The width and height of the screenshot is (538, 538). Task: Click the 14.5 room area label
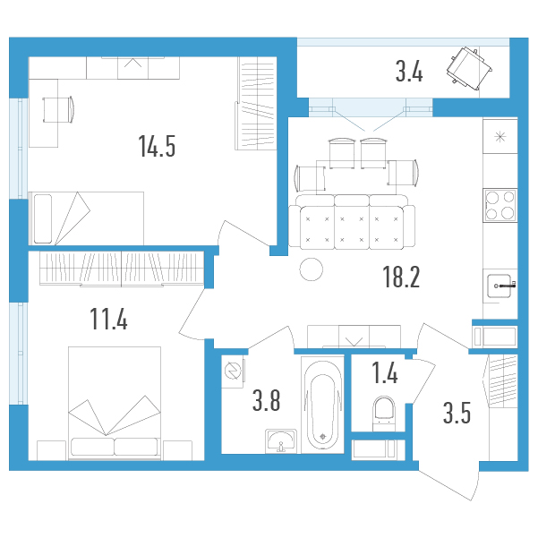tap(157, 146)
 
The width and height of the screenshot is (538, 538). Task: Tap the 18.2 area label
tap(401, 277)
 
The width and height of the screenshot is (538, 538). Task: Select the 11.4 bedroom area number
tap(108, 319)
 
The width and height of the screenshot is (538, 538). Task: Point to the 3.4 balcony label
tap(409, 72)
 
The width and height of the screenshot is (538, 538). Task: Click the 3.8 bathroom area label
tap(266, 400)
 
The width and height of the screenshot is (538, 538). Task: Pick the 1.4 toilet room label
tap(385, 372)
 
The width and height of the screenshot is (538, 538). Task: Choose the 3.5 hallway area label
tap(457, 413)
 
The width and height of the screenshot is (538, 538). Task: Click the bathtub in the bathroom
tap(322, 405)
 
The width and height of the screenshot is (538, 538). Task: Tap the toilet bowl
tap(384, 414)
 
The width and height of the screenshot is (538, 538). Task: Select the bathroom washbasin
tap(281, 441)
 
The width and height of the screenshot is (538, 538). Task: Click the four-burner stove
tap(500, 205)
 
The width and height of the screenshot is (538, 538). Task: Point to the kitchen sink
tap(500, 286)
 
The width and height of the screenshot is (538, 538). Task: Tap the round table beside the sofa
tap(312, 269)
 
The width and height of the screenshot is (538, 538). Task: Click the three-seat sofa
tap(352, 222)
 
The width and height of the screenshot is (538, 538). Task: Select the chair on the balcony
tap(469, 69)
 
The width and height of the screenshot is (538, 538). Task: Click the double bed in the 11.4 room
tap(115, 403)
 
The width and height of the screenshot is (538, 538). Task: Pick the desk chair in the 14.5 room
tap(58, 110)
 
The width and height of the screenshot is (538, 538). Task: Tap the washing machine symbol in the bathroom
tap(234, 371)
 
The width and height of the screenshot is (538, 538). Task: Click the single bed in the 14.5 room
tap(86, 218)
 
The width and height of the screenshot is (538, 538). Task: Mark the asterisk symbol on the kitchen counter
tap(500, 137)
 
